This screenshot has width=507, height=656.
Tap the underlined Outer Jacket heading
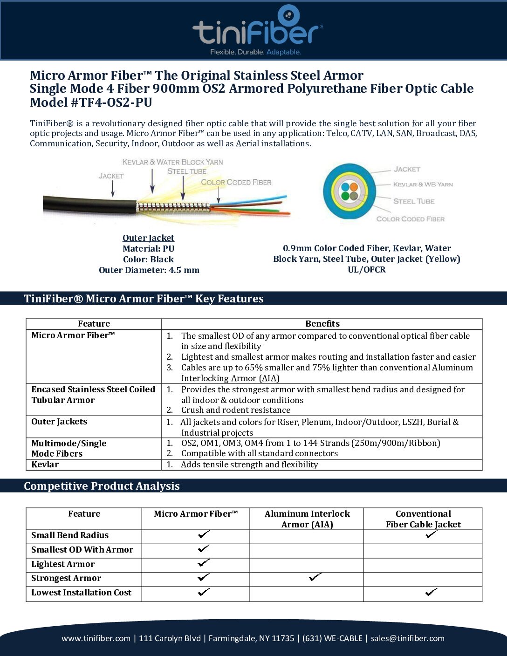click(x=148, y=238)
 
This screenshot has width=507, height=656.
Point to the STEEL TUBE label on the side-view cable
click(x=187, y=171)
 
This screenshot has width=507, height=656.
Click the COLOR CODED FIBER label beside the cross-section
click(x=410, y=219)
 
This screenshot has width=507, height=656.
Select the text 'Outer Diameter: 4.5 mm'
click(x=149, y=270)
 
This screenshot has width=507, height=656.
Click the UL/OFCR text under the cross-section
click(x=367, y=270)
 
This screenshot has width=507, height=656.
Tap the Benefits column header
click(x=322, y=324)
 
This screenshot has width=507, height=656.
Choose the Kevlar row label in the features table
click(x=45, y=465)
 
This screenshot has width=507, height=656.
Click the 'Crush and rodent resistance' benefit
click(x=235, y=410)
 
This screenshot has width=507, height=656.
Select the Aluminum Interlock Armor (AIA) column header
click(x=307, y=519)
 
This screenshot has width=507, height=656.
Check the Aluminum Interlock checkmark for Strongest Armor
click(x=315, y=578)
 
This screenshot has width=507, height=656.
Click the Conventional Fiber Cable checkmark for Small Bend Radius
click(x=431, y=535)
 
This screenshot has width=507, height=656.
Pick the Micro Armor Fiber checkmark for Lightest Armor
click(x=204, y=563)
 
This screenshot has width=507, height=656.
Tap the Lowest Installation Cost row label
click(x=81, y=593)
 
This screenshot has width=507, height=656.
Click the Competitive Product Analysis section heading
click(x=102, y=486)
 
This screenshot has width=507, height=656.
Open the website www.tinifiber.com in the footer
click(x=96, y=638)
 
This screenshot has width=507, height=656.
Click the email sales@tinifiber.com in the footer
click(x=407, y=638)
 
